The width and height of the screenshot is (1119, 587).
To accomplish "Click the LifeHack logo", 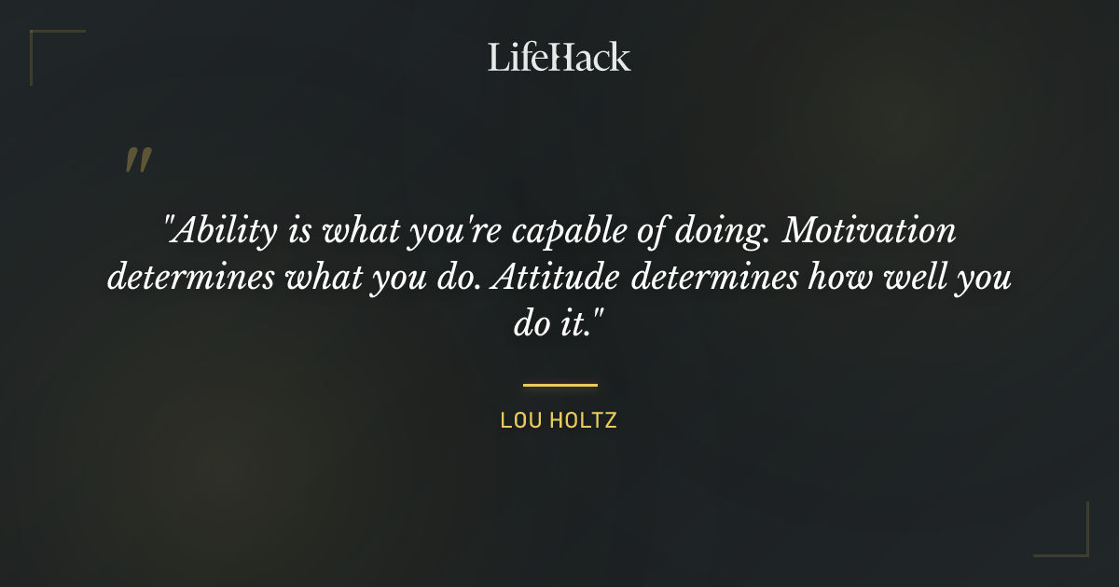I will tap(559, 57).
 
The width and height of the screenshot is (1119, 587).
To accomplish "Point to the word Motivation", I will tap(868, 231).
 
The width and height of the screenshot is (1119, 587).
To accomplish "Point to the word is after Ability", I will tap(298, 231).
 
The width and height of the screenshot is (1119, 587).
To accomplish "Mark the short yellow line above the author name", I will tap(559, 384).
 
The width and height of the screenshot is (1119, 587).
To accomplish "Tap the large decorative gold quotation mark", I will tap(138, 160).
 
